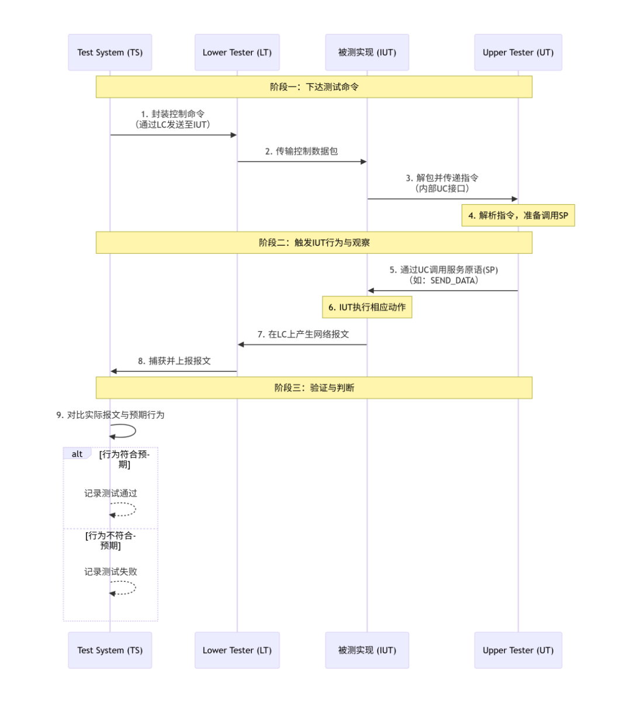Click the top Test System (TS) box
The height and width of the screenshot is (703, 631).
click(x=110, y=53)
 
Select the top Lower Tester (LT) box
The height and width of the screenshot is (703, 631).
click(x=237, y=53)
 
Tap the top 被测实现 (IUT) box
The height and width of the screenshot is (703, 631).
click(x=367, y=53)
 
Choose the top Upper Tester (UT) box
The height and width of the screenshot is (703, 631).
click(x=518, y=53)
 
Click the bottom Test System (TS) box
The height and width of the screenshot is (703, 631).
click(x=110, y=650)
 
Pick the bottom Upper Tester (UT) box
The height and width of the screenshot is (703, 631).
click(x=518, y=650)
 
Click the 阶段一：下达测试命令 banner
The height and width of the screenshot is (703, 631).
click(x=314, y=87)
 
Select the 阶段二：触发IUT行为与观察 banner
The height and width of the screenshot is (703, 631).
click(x=314, y=243)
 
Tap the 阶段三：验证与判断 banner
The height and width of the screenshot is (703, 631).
click(x=314, y=388)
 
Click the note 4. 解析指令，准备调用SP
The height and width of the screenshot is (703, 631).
click(x=518, y=216)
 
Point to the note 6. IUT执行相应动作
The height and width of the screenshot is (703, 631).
click(x=367, y=308)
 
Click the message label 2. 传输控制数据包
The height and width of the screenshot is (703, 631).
click(x=301, y=151)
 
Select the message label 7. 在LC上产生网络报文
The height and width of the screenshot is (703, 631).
click(x=303, y=335)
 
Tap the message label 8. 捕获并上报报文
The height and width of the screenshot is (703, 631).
click(x=174, y=361)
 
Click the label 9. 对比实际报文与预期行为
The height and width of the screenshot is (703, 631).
click(x=110, y=415)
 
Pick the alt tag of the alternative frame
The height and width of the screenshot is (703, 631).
click(x=77, y=454)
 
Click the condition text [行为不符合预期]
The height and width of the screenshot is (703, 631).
click(x=110, y=540)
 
